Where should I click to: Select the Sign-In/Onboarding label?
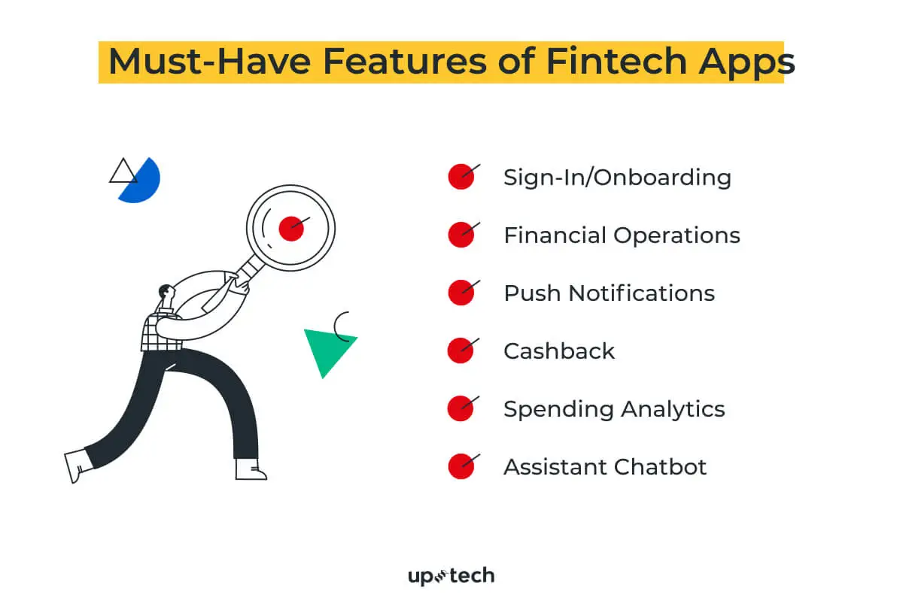617,178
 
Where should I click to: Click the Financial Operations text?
622,235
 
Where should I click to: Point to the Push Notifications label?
609,293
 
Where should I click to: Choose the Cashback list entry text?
559,351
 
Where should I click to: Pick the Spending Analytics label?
614,409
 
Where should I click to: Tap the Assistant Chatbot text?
605,467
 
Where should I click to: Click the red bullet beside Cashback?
461,351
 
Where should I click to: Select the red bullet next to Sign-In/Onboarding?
461,178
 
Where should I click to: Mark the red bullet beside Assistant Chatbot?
461,467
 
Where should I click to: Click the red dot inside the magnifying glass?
290,228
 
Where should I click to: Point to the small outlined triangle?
123,172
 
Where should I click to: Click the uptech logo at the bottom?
451,577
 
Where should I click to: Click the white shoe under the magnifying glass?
249,469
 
